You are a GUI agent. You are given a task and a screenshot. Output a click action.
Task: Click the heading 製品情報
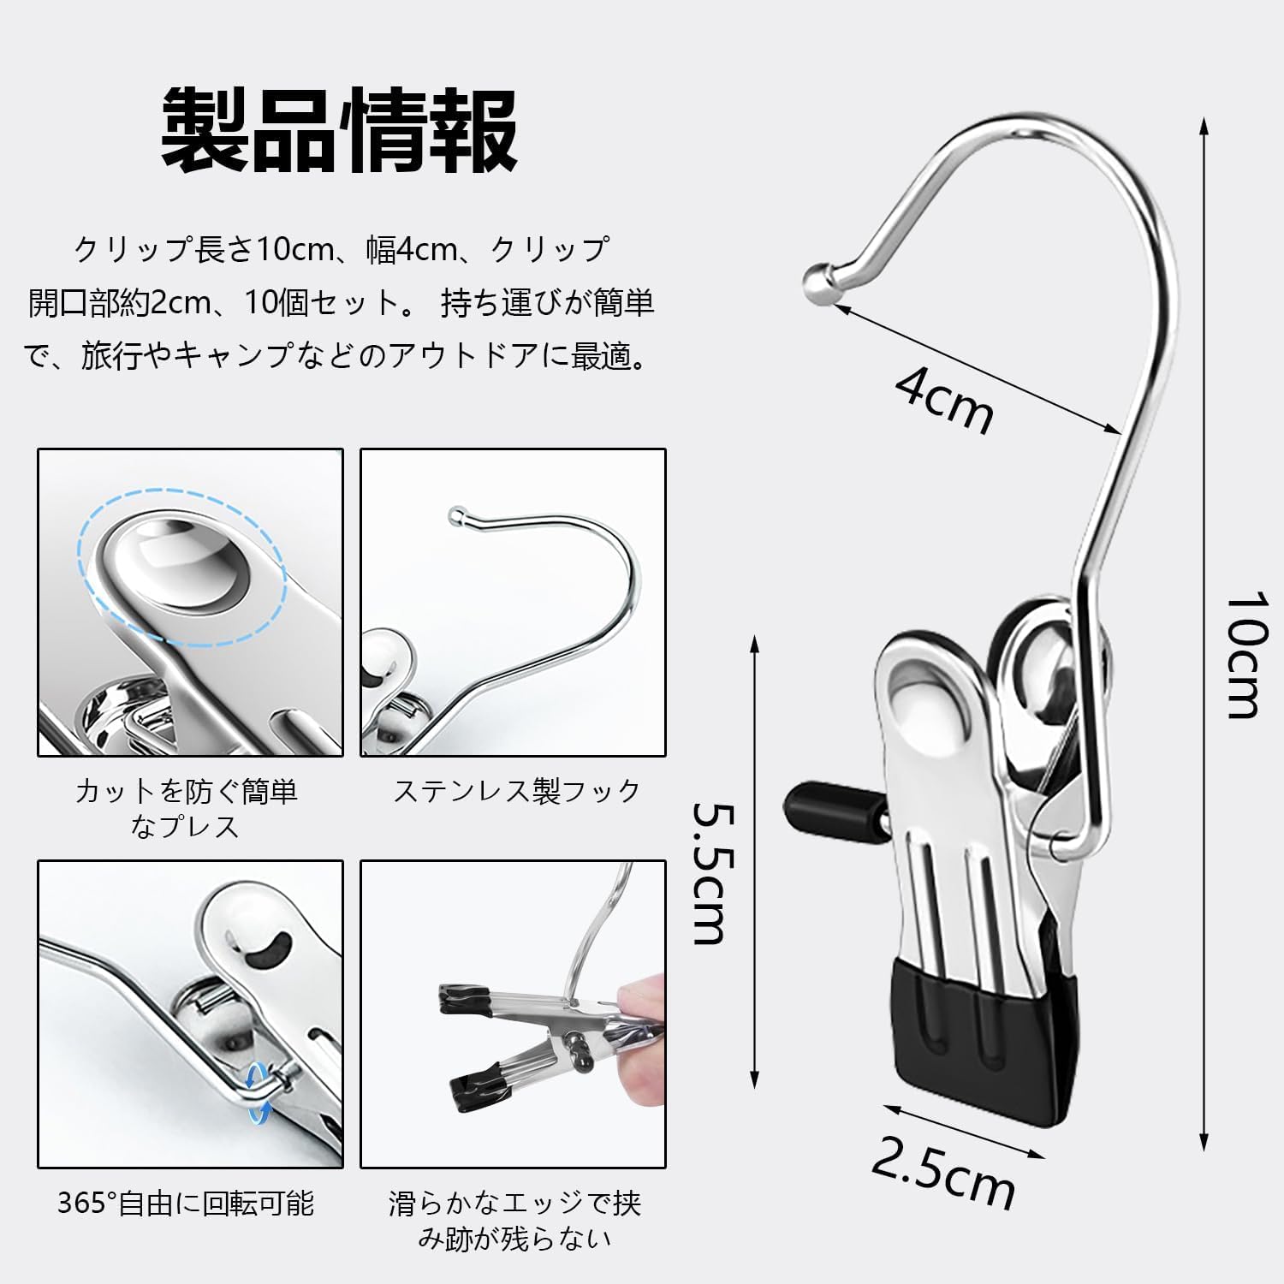click(339, 131)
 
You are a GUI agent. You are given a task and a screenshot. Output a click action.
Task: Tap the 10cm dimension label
click(1242, 655)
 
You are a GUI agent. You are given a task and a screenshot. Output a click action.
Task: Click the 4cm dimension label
click(945, 399)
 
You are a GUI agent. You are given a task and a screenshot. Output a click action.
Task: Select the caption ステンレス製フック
click(517, 790)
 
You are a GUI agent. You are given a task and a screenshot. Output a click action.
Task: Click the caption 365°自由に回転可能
click(186, 1203)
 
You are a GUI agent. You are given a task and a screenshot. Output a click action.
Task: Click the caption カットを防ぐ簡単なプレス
click(186, 808)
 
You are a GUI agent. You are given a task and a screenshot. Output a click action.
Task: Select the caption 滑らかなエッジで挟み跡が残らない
click(514, 1221)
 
